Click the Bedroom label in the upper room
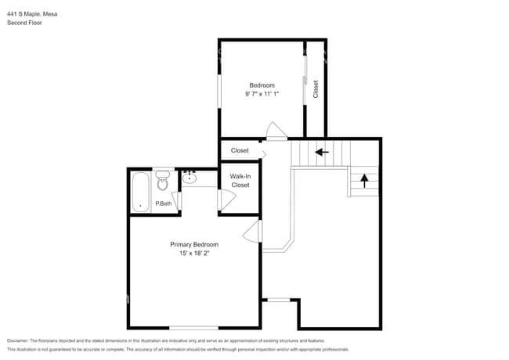click(262, 85)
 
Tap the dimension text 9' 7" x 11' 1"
click(262, 94)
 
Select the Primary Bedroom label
click(194, 244)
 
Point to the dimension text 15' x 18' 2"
click(194, 254)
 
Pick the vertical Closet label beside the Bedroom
click(316, 88)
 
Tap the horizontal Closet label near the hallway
click(240, 150)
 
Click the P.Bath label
click(164, 204)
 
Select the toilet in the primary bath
click(162, 181)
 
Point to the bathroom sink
click(191, 178)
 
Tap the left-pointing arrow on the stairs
click(321, 152)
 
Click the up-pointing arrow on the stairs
click(364, 181)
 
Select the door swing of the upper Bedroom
click(272, 130)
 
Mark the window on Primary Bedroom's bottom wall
click(193, 327)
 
